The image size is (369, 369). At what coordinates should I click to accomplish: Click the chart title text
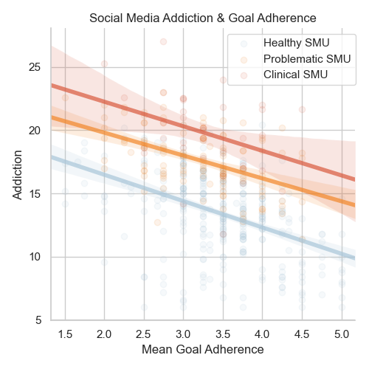pos(203,18)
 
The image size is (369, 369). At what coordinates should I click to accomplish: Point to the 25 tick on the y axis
pos(35,67)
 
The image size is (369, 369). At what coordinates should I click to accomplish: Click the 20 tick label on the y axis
pos(35,131)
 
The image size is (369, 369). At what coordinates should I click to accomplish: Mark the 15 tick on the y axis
pos(35,194)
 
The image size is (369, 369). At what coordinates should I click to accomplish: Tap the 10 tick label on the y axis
pos(35,257)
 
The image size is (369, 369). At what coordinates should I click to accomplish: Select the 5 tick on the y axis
pos(38,320)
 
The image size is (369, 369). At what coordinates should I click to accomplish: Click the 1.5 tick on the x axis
pos(65,334)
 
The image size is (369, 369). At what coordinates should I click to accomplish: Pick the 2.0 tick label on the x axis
pos(104,334)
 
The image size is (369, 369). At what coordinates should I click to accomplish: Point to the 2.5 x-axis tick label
pos(144,334)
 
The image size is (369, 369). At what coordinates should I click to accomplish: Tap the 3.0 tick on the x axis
pos(183,334)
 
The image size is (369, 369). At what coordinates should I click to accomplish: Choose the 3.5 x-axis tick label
pos(223,334)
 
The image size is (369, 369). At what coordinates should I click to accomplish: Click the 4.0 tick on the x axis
pos(262,334)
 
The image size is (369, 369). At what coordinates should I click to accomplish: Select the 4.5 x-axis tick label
pos(302,334)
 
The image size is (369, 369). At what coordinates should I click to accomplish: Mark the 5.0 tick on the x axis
pos(342,334)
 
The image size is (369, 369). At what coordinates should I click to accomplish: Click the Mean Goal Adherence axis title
pos(203,350)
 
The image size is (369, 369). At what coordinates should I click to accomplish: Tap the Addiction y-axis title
pos(17,175)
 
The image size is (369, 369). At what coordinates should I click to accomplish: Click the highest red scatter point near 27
pos(163,42)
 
